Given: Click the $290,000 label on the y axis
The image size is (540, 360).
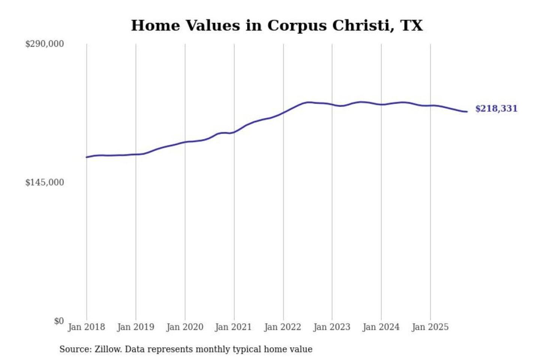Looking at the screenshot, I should coord(44,44).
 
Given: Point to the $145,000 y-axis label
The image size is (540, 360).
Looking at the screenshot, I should coord(44,183).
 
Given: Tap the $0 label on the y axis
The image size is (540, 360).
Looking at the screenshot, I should coord(58,321).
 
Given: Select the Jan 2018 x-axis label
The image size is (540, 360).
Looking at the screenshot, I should coord(86,327).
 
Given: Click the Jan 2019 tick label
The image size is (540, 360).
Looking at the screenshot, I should coord(135,327).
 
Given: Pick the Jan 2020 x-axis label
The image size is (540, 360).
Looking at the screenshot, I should coord(184,327).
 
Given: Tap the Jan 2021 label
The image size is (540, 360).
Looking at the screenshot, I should coord(233,327).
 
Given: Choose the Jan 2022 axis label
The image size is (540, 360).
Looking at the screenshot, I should coord(282,327).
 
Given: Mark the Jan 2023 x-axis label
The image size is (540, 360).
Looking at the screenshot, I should coord(331,327).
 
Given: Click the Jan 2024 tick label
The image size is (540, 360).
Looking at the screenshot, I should coord(381,327).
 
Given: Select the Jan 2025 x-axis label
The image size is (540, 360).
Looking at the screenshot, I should coord(430,327).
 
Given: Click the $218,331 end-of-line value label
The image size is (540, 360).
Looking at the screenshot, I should coord(496,109).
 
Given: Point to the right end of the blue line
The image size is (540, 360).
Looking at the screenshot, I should coord(467,111).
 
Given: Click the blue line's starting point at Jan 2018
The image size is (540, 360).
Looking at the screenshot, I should coord(87,157).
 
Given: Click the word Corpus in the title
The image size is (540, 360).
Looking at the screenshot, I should coord(297,25).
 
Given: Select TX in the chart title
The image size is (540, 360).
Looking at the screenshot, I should coord(411,25).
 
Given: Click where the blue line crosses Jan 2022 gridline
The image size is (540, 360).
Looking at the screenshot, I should coord(283,112).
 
